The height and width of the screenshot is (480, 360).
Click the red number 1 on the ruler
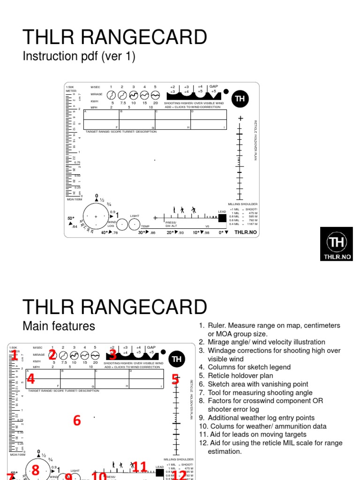coord(14,356)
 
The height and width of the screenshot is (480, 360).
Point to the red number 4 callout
coord(30,378)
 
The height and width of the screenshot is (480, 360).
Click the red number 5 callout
coord(175,379)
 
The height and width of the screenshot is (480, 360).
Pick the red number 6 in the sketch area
coord(77,420)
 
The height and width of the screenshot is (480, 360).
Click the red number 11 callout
coord(140,467)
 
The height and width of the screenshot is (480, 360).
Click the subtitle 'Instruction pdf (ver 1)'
coord(79,57)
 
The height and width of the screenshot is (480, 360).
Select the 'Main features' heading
coord(59,326)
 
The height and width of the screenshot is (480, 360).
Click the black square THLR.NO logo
coord(336,244)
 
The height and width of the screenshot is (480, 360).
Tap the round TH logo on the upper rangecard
coord(240,98)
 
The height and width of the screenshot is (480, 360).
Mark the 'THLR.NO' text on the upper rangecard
coord(246,232)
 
